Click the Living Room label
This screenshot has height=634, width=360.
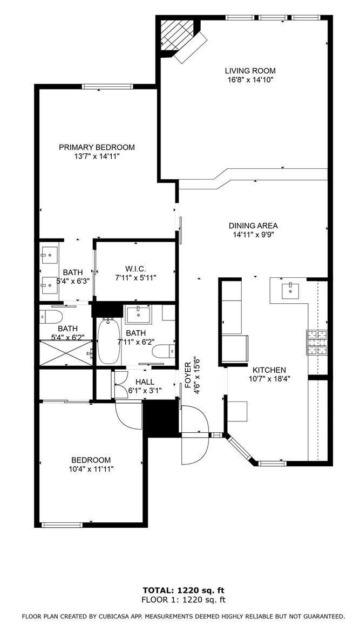[250, 71]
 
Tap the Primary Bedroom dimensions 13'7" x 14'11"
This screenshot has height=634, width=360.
[96, 156]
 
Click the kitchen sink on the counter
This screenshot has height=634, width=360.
[289, 290]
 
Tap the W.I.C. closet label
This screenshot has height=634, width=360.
[135, 269]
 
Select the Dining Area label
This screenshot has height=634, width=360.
[253, 226]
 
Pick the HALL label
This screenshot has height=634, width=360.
[145, 381]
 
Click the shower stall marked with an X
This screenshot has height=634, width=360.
[66, 353]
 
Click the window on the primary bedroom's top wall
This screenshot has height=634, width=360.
[107, 86]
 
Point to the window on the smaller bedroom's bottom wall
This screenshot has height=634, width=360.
[62, 525]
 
